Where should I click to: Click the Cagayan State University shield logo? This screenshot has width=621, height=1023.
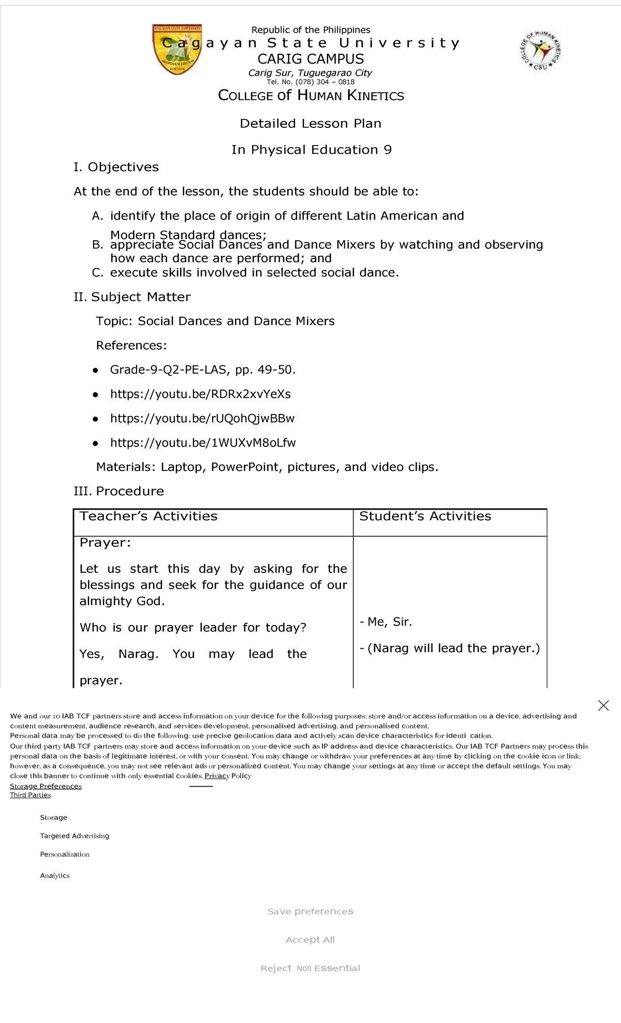click(177, 50)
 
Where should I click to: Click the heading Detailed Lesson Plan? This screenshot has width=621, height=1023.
click(310, 124)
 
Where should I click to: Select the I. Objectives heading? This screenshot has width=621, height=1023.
click(116, 167)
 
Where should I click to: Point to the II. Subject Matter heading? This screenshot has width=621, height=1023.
click(132, 297)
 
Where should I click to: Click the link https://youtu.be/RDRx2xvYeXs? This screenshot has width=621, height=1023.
click(200, 394)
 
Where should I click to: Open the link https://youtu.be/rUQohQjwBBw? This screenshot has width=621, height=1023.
click(202, 419)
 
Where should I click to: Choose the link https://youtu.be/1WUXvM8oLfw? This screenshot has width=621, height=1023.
click(203, 443)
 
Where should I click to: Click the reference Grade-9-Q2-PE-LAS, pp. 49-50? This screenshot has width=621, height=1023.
click(203, 370)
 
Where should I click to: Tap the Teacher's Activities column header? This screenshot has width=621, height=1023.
click(149, 516)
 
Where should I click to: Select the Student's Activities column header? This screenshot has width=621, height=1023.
click(425, 516)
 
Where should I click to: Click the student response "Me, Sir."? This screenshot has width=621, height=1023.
click(389, 622)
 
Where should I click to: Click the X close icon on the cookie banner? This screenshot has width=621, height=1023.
click(603, 706)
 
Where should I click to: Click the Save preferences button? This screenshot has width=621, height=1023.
click(310, 912)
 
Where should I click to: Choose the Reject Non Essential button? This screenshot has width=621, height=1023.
click(310, 969)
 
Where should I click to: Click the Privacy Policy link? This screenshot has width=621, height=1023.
click(228, 776)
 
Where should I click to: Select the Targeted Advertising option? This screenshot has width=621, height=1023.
click(75, 836)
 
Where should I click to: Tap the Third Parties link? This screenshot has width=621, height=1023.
click(31, 795)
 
